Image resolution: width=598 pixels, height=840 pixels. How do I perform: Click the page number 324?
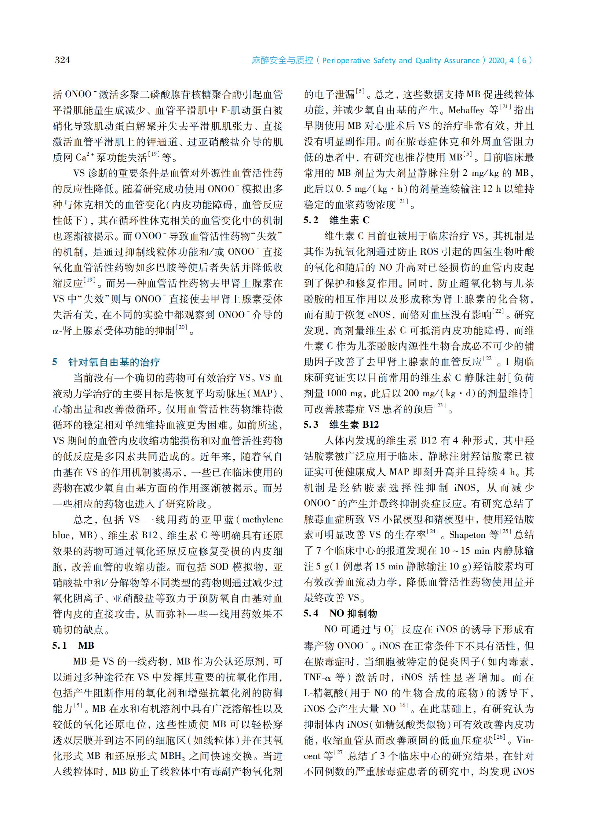click(x=62, y=60)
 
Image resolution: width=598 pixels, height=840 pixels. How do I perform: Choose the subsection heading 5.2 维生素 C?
click(x=336, y=220)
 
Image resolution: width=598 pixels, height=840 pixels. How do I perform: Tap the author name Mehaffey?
click(x=466, y=110)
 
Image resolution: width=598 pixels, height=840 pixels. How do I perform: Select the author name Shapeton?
click(x=467, y=535)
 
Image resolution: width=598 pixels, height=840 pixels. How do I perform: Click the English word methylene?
click(x=263, y=519)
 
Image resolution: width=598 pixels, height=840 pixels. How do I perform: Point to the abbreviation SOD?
click(x=219, y=566)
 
